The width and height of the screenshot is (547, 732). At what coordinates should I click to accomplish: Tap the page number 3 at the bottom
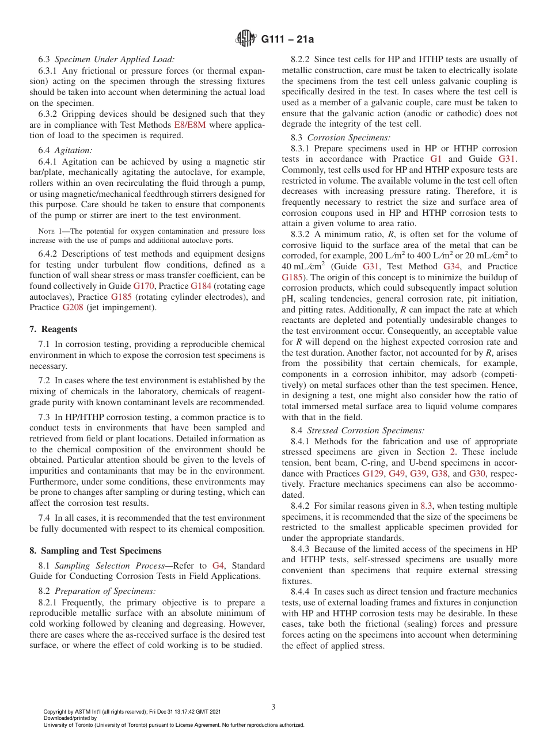coord(273,707)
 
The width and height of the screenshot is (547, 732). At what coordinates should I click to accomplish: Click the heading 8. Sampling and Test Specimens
coord(96,551)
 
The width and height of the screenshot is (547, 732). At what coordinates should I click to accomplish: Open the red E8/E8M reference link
coord(189,124)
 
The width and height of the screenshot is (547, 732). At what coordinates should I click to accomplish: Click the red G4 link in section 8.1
coord(218,566)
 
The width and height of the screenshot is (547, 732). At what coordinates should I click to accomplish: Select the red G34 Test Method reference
coord(451,266)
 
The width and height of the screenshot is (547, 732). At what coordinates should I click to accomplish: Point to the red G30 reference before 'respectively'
coord(477,474)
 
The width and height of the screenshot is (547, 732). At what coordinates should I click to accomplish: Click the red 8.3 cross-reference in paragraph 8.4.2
coord(426,506)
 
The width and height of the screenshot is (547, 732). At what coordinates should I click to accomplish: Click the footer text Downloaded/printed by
coord(70,718)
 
